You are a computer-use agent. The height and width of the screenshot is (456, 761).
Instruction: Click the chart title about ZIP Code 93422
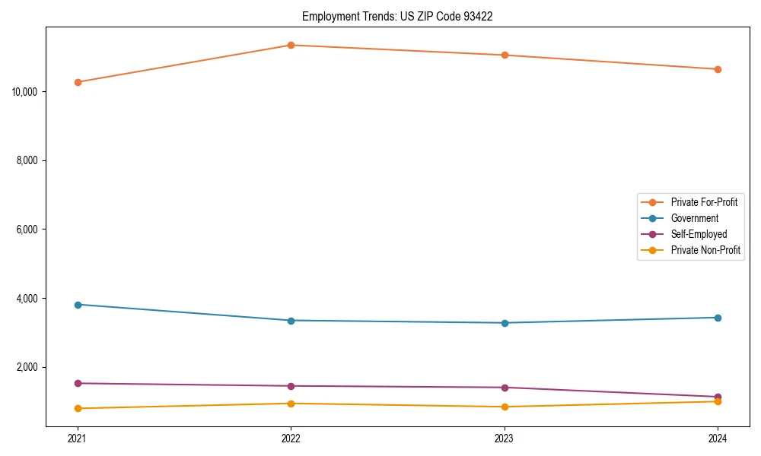(x=397, y=16)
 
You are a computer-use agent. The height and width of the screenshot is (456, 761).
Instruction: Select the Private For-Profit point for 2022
(x=291, y=45)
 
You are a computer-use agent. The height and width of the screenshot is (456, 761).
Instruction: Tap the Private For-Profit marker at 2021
(x=78, y=82)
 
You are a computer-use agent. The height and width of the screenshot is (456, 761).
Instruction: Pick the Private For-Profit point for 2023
(x=505, y=55)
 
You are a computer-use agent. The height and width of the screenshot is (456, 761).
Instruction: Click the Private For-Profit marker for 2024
(x=718, y=69)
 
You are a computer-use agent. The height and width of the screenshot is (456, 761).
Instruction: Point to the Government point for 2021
(x=78, y=305)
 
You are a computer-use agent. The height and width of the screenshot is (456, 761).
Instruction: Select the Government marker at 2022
(x=291, y=321)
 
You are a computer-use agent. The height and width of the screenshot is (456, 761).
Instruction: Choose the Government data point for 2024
(x=718, y=318)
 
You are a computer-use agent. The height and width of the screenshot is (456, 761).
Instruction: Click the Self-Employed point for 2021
(x=78, y=383)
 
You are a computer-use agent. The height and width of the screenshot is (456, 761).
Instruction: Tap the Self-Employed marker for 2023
(x=505, y=388)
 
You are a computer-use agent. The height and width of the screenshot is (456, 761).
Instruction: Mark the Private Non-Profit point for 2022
(x=291, y=404)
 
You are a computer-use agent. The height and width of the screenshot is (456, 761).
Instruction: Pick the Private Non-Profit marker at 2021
(x=78, y=408)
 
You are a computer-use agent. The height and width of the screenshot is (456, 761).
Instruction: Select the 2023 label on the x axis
(x=505, y=439)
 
